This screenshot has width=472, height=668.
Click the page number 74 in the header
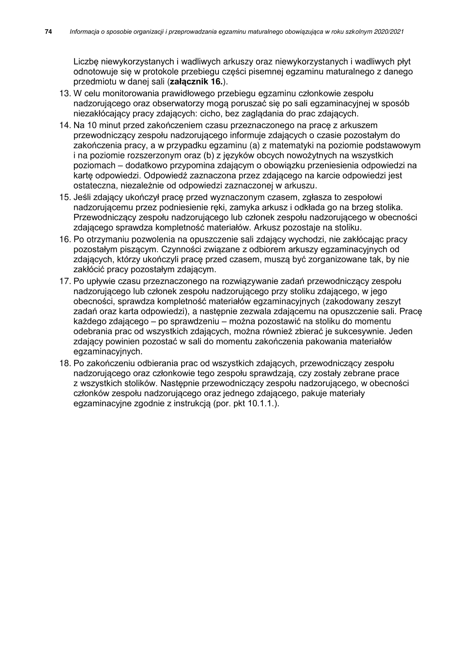click(49, 32)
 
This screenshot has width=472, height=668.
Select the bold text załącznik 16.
click(196, 82)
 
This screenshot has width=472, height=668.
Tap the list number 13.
click(65, 94)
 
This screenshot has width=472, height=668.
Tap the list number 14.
click(65, 125)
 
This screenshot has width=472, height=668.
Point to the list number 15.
click(65, 197)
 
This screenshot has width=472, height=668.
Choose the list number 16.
click(65, 239)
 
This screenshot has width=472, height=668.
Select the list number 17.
click(65, 281)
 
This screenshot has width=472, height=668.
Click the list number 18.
click(65, 363)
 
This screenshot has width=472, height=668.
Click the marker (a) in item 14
click(254, 145)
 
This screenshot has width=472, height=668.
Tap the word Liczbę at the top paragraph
click(86, 62)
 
